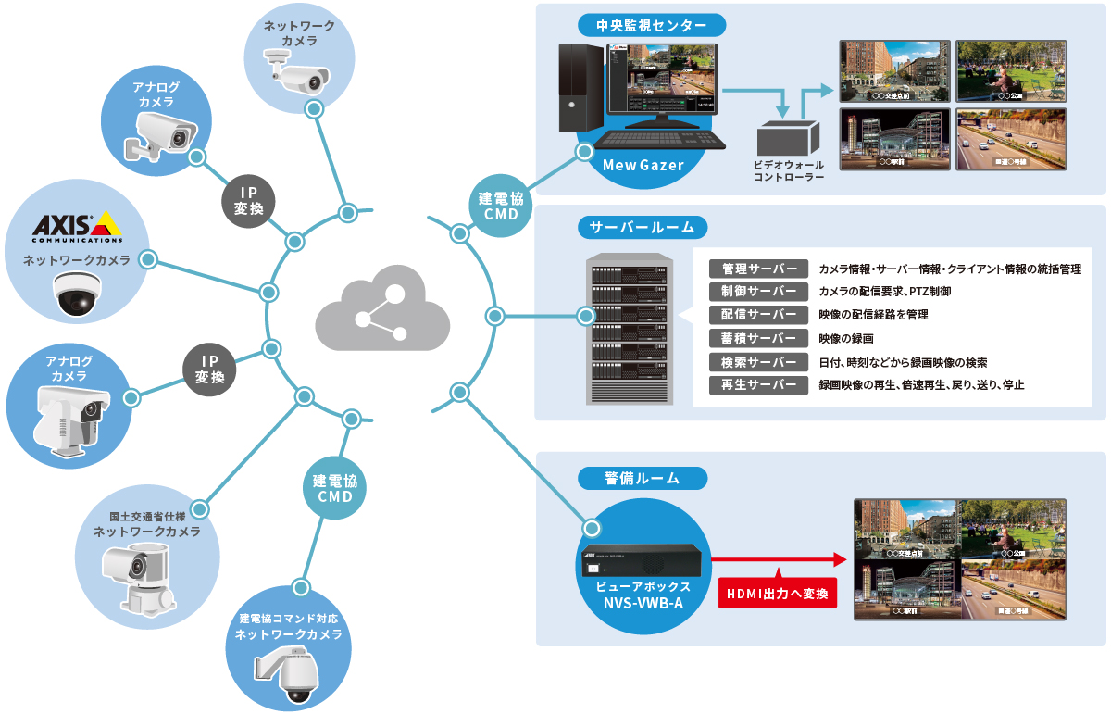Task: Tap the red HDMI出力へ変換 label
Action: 778,593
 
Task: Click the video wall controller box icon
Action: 788,140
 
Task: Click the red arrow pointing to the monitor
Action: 779,560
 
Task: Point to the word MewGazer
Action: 643,166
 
